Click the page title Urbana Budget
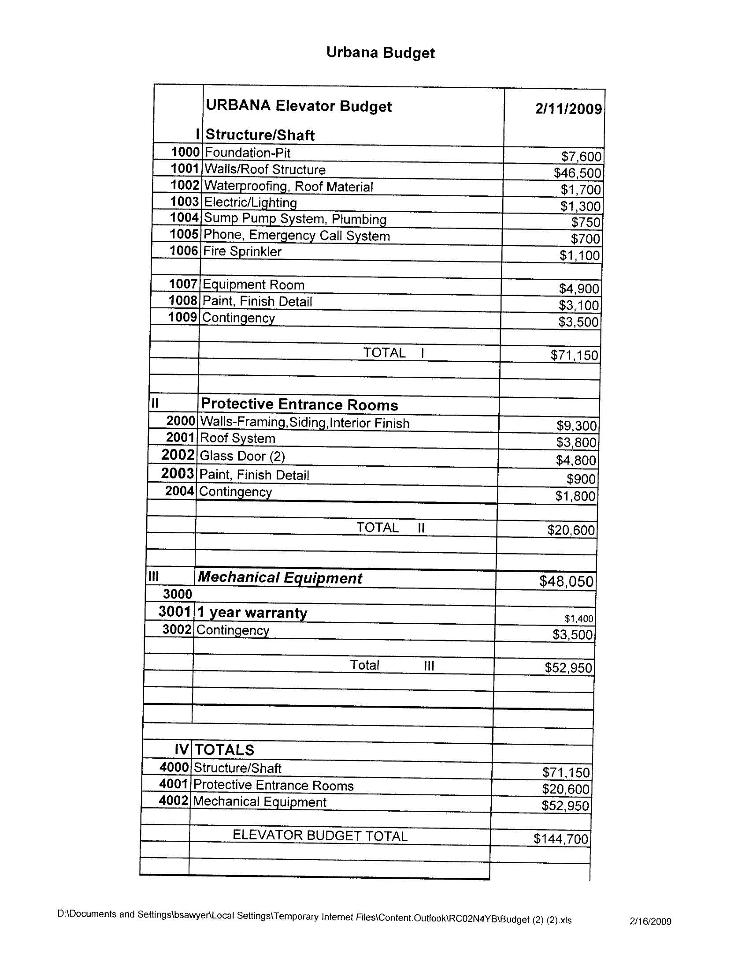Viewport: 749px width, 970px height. (x=380, y=52)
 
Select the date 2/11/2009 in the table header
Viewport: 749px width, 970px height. (x=568, y=109)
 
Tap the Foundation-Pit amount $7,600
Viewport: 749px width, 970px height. (x=581, y=156)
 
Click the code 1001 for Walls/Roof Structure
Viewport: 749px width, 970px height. (x=185, y=169)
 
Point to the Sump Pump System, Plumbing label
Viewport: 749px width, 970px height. (x=295, y=219)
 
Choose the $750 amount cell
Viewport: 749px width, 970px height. (x=586, y=222)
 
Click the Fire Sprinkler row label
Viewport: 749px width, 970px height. (x=242, y=252)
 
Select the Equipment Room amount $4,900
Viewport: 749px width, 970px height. (x=579, y=288)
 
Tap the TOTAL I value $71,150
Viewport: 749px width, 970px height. (x=574, y=355)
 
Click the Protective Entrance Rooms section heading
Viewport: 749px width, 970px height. (x=300, y=404)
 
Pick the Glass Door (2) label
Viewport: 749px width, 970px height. (x=242, y=456)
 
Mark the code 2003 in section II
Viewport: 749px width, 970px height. (x=178, y=473)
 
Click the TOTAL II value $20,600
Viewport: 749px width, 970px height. (x=571, y=530)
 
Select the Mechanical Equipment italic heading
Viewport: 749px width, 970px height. (x=279, y=578)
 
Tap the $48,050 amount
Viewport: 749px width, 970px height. (x=566, y=581)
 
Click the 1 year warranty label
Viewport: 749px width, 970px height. (x=252, y=613)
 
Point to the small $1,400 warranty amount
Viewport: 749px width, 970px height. (x=578, y=619)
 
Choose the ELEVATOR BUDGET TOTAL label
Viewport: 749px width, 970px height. (x=320, y=836)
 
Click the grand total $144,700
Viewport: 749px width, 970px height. (x=561, y=839)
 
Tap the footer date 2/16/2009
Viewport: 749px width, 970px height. (x=650, y=921)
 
